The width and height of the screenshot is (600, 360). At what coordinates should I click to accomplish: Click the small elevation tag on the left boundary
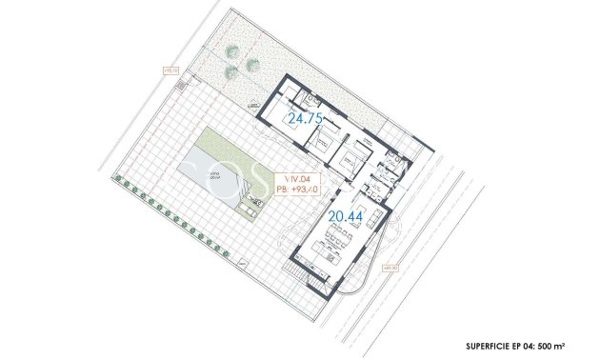coord(171,69)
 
